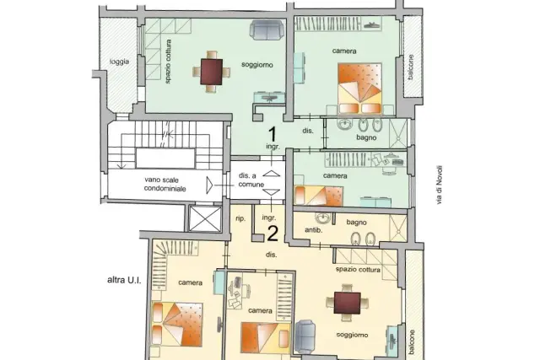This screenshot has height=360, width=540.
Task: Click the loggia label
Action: click(119, 62)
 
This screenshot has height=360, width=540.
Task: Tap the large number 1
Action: click(273, 134)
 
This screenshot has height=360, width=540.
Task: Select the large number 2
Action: click(273, 234)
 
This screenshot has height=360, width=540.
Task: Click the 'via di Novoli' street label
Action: click(439, 185)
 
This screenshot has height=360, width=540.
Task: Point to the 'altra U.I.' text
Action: click(124, 280)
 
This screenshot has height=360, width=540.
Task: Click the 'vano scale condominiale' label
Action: click(165, 184)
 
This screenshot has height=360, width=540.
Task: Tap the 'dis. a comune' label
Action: click(251, 180)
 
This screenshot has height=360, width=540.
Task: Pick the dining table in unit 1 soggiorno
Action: click(212, 72)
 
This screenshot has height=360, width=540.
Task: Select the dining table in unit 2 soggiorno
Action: click(347, 303)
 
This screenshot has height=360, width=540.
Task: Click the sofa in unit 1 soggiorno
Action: click(267, 30)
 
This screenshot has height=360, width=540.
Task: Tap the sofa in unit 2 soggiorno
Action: click(305, 336)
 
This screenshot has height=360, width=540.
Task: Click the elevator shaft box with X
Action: click(205, 218)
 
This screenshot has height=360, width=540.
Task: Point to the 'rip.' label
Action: click(240, 218)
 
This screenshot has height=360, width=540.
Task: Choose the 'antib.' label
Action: click(313, 230)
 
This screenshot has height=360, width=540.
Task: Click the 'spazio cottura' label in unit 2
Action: click(358, 269)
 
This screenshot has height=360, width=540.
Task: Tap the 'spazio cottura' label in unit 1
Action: click(168, 62)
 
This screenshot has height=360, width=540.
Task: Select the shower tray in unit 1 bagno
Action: click(397, 133)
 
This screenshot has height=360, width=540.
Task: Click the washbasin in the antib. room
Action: click(322, 218)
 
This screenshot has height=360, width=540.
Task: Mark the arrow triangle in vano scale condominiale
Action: click(209, 185)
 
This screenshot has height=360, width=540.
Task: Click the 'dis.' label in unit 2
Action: click(272, 255)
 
